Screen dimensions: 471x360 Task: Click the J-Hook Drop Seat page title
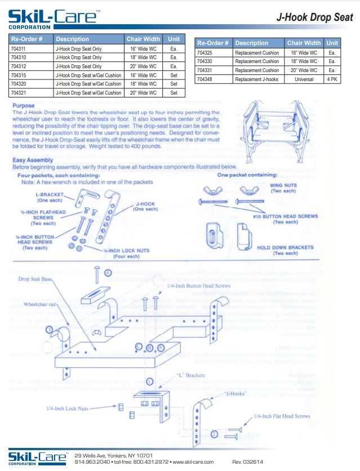pos(314,17)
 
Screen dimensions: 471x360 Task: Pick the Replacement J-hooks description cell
pos(256,79)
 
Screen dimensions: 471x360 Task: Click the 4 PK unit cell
pos(332,79)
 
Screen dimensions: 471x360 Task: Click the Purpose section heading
pos(23,105)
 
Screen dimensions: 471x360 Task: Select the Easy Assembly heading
pos(33,160)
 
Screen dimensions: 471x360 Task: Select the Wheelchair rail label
pos(41,304)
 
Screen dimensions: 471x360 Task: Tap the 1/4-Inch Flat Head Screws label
pos(282,416)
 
